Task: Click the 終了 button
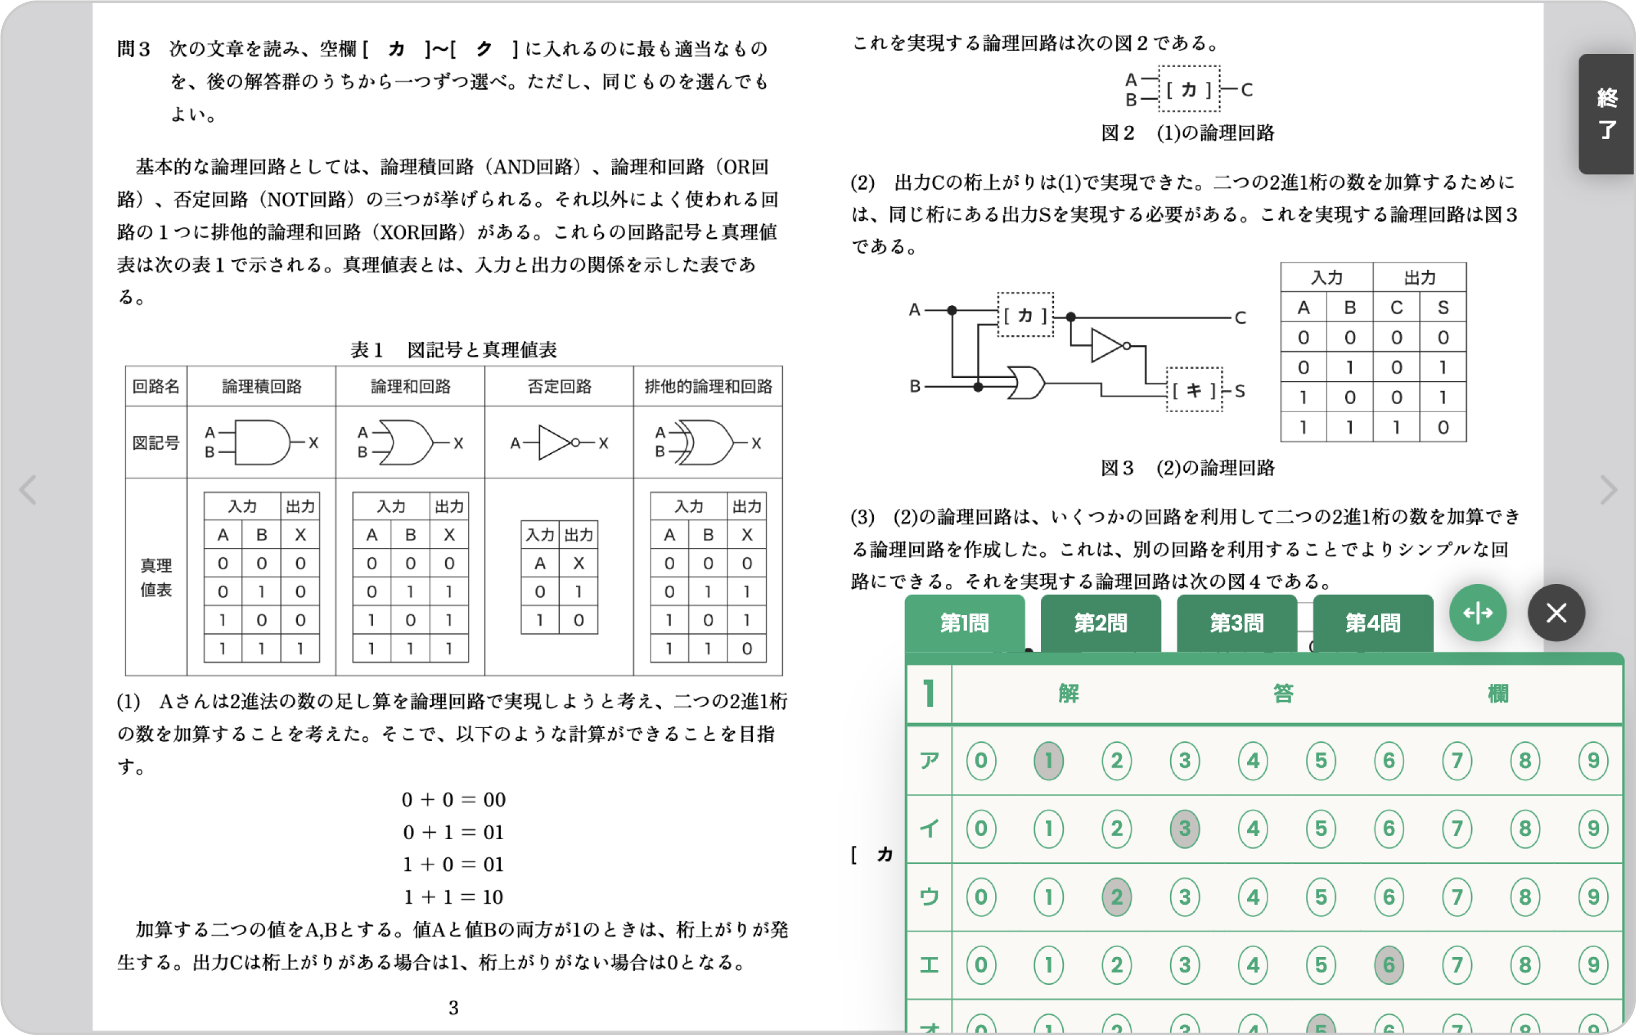[1607, 113]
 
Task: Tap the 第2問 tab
[1100, 622]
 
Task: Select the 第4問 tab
[1373, 622]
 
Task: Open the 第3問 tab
[1237, 622]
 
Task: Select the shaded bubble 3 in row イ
[1185, 828]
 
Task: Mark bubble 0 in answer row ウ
[980, 897]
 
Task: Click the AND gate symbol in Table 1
[261, 443]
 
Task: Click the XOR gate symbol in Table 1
[706, 443]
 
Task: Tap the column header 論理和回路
[410, 387]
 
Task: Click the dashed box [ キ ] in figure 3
[1194, 390]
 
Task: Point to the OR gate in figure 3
[1025, 384]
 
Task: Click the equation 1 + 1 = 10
[453, 897]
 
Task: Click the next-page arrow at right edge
[1608, 490]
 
